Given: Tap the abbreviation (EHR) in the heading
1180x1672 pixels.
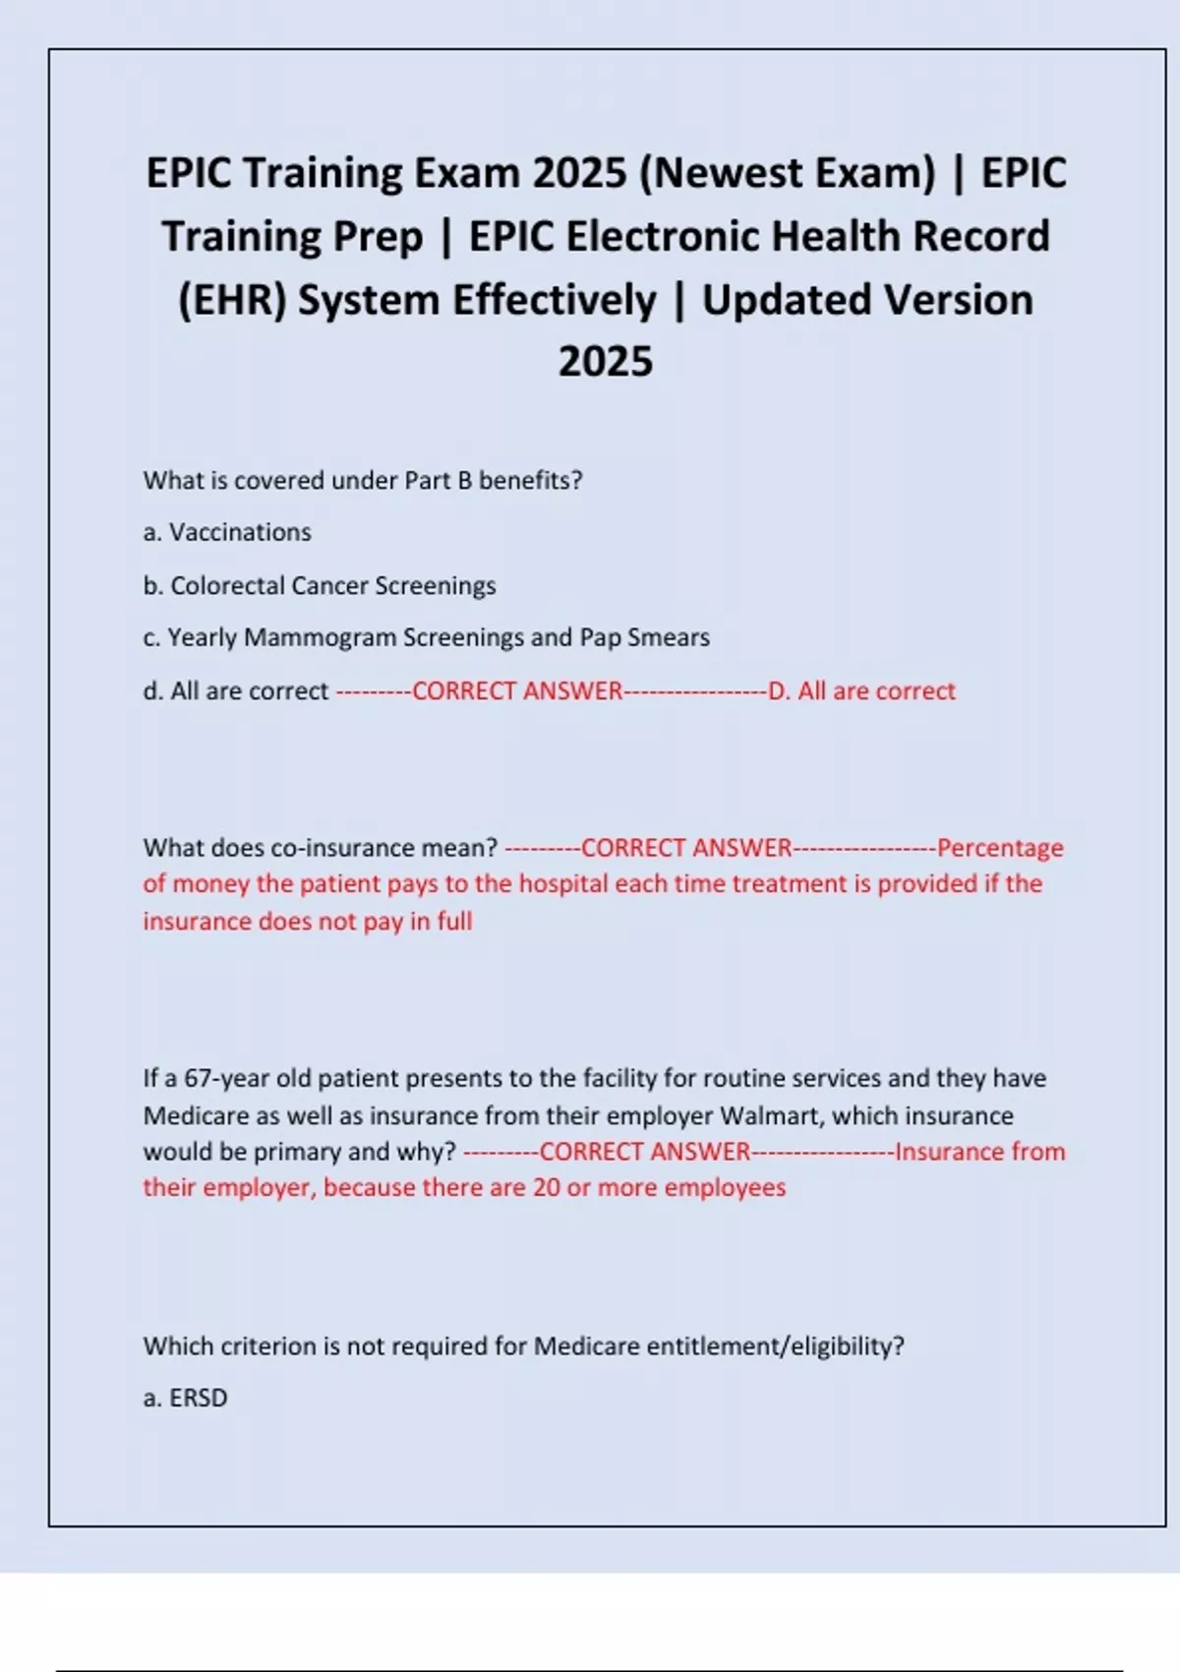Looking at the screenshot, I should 232,300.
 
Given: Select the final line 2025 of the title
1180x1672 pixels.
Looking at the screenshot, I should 606,361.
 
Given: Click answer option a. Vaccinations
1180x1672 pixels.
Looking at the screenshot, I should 227,532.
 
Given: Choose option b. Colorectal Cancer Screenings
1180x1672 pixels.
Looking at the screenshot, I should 320,585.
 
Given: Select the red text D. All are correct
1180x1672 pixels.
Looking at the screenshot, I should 861,690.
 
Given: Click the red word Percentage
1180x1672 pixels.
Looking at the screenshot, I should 1000,848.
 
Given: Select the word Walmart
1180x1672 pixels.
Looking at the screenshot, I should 772,1115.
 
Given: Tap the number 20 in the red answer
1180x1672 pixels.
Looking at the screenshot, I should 547,1187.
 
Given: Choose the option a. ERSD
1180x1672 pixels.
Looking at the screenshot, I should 186,1398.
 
